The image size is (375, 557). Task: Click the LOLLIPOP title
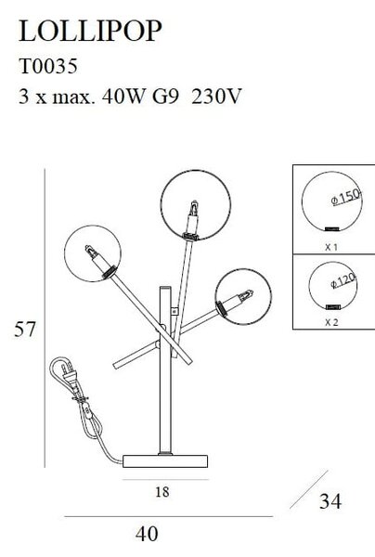coord(90,32)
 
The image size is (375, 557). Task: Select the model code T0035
coord(48,67)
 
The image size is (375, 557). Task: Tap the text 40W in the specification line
coord(123,97)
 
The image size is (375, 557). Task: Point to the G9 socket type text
coord(165,97)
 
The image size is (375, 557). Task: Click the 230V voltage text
coord(216,97)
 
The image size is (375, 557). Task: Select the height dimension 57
coord(25,330)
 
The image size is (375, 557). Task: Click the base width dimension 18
coord(162,492)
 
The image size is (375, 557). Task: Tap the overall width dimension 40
coord(147,534)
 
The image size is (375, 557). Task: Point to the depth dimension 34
coord(330,501)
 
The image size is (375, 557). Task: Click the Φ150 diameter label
coord(345,197)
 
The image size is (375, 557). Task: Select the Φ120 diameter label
coord(343,280)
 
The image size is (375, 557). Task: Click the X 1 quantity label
coord(331,247)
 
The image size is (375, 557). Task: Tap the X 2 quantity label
coord(331,322)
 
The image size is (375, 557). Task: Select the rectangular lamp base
coord(165,460)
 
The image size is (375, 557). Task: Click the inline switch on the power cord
coord(87,411)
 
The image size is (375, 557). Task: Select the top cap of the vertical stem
coord(165,288)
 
